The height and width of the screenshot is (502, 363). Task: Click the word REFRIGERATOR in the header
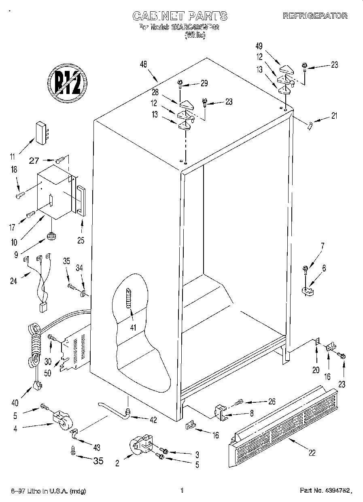point(315,16)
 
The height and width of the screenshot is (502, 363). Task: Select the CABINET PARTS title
point(180,16)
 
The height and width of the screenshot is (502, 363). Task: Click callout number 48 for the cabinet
point(143,64)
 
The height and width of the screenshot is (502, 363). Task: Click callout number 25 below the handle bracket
point(81,240)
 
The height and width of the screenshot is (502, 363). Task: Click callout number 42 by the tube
point(153,420)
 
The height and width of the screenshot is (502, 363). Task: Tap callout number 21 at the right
point(334,116)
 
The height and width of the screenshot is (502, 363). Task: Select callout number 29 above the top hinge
point(204,84)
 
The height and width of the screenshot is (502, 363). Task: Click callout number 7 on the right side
point(323,245)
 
